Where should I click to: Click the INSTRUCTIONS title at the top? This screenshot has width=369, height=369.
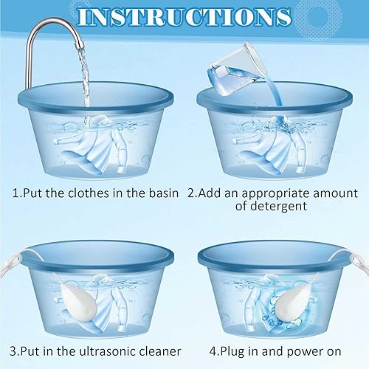pyautogui.click(x=184, y=16)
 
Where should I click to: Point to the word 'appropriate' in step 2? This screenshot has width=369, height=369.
pyautogui.click(x=272, y=195)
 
